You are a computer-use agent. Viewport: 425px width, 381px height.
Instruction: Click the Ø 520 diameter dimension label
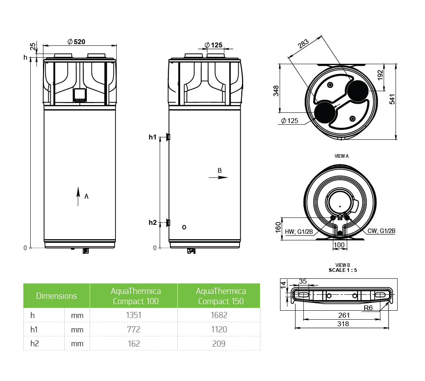pyautogui.click(x=76, y=42)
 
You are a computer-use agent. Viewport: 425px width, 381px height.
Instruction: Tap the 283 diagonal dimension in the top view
pyautogui.click(x=303, y=44)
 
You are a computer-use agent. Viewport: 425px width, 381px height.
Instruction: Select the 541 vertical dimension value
pyautogui.click(x=392, y=99)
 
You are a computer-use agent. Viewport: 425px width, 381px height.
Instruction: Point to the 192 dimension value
pyautogui.click(x=380, y=75)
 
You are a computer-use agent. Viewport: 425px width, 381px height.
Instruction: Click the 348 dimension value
pyautogui.click(x=276, y=91)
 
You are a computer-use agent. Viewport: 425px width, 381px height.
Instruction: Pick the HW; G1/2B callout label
pyautogui.click(x=299, y=232)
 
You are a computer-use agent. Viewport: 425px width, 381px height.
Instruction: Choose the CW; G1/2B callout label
pyautogui.click(x=381, y=231)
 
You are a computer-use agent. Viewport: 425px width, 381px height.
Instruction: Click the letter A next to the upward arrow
pyautogui.click(x=86, y=197)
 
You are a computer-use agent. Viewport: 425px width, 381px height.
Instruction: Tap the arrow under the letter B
pyautogui.click(x=218, y=177)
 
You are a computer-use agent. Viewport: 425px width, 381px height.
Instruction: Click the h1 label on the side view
pyautogui.click(x=153, y=137)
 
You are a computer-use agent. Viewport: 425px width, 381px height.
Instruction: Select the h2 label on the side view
pyautogui.click(x=153, y=222)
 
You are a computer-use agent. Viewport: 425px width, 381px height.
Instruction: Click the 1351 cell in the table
pyautogui.click(x=133, y=315)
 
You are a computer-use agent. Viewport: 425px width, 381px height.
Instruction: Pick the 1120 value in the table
pyautogui.click(x=219, y=329)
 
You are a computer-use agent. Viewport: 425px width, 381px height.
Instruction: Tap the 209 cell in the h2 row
pyautogui.click(x=219, y=344)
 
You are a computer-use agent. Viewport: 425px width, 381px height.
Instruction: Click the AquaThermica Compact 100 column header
pyautogui.click(x=136, y=296)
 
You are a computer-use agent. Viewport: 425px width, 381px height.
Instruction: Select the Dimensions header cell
pyautogui.click(x=57, y=296)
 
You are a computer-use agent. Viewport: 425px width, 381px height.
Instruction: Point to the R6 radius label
pyautogui.click(x=368, y=308)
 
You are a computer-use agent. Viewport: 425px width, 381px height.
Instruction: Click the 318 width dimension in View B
pyautogui.click(x=343, y=324)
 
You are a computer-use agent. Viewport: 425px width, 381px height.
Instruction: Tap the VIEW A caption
pyautogui.click(x=341, y=156)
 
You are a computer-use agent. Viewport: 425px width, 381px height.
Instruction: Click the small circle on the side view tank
pyautogui.click(x=184, y=227)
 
